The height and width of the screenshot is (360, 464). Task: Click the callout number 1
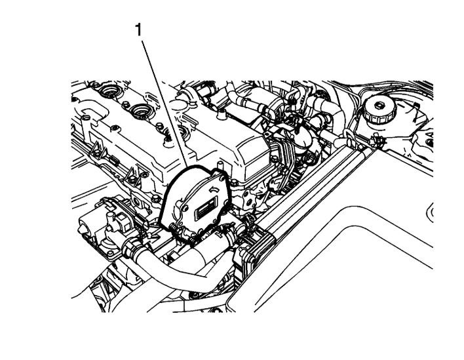click(x=138, y=30)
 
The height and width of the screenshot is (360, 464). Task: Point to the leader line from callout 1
click(x=164, y=104)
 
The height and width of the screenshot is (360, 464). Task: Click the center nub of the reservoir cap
click(x=379, y=105)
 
